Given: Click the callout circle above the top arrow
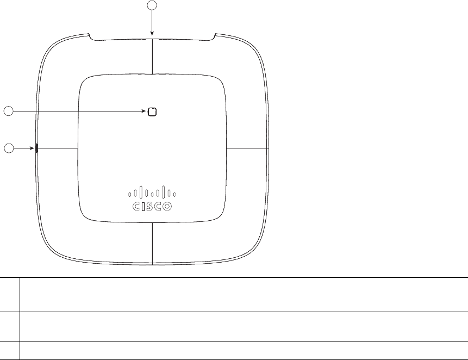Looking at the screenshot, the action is coord(153,5).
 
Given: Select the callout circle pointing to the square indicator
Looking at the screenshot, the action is coord(9,111).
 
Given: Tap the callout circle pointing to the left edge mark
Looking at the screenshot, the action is coord(9,148).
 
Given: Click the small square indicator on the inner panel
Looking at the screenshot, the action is coord(152,111).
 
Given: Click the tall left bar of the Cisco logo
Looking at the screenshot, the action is coord(141,192).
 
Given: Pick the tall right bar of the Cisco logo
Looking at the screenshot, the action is coord(164,192).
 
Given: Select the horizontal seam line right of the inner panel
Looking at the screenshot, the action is coord(248,147).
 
